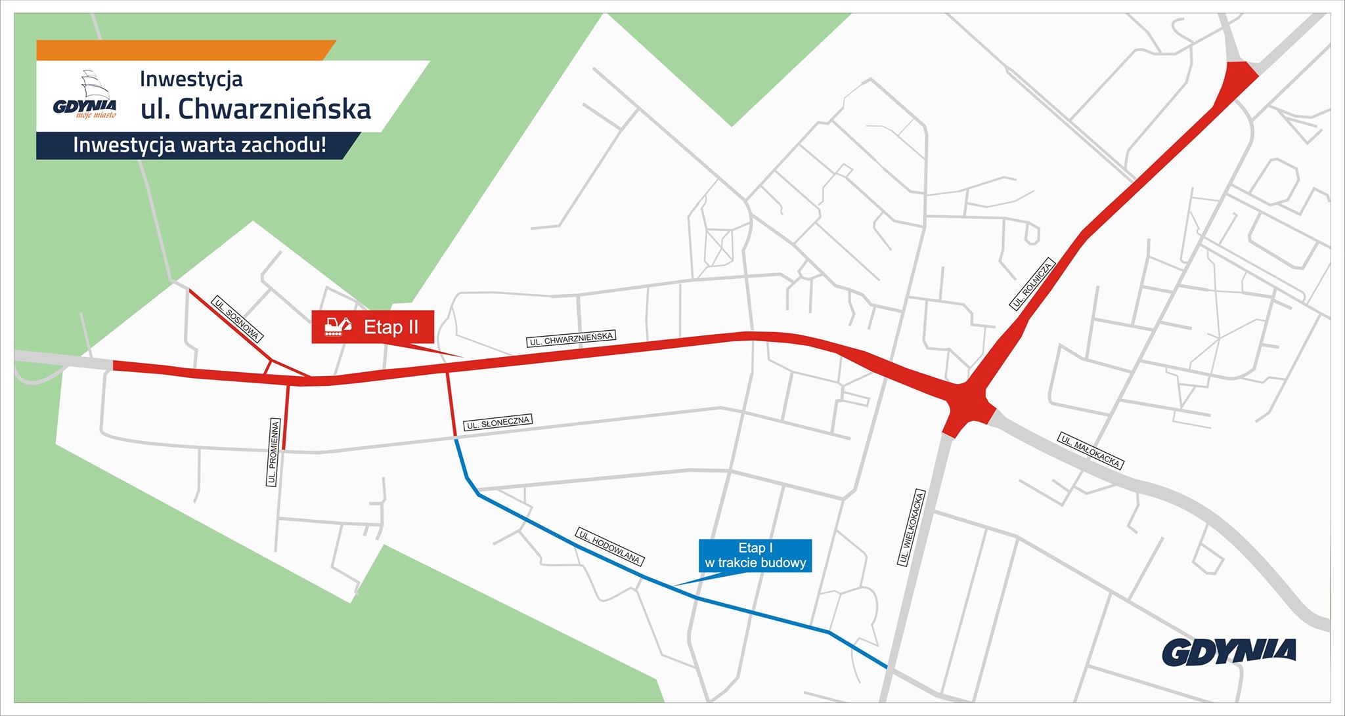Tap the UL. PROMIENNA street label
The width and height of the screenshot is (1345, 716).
pyautogui.click(x=274, y=452)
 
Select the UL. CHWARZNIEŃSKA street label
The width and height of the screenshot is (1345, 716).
pyautogui.click(x=571, y=339)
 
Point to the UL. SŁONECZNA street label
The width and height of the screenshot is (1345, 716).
pyautogui.click(x=498, y=423)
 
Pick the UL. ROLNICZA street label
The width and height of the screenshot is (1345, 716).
pyautogui.click(x=1032, y=284)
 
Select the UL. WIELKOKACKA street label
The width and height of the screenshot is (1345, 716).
pyautogui.click(x=912, y=528)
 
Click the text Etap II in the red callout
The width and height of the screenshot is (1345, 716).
pyautogui.click(x=391, y=327)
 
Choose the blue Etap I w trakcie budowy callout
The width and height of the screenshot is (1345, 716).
pyautogui.click(x=755, y=555)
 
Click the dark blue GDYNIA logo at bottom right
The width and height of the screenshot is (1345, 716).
pyautogui.click(x=1229, y=652)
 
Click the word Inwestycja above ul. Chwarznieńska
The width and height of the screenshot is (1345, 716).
pyautogui.click(x=191, y=79)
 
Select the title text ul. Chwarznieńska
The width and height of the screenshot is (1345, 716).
pyautogui.click(x=255, y=109)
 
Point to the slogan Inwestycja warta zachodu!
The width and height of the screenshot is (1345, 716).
pyautogui.click(x=199, y=145)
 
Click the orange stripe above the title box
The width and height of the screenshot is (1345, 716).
pyautogui.click(x=184, y=50)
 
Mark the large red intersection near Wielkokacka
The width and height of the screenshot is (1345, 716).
pyautogui.click(x=966, y=403)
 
